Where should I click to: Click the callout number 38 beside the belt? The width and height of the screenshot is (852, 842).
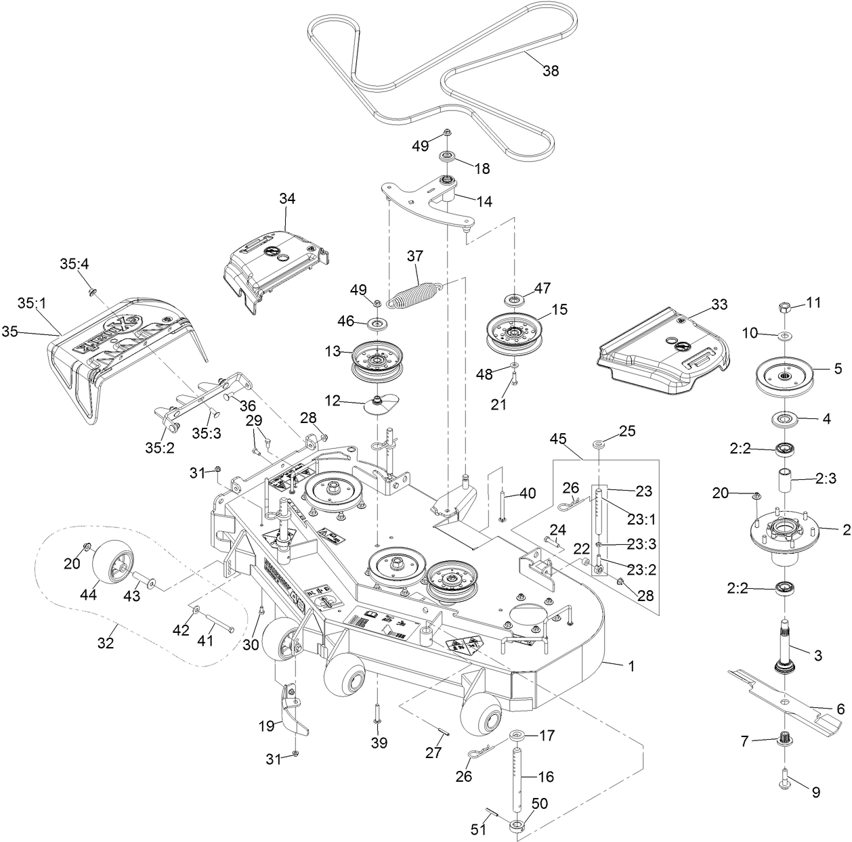[551, 70]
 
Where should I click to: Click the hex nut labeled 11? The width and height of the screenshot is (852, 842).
[785, 307]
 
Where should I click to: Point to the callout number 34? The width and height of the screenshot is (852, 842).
[287, 198]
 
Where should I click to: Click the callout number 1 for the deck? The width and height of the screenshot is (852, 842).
[631, 666]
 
